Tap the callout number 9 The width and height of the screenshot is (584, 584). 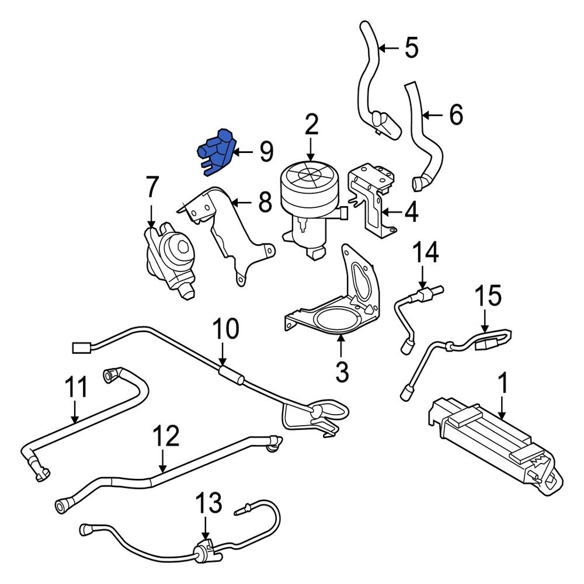click(266, 152)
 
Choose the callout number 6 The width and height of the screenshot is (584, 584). click(456, 115)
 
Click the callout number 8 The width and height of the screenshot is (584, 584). click(265, 203)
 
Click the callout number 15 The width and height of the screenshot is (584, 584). click(487, 296)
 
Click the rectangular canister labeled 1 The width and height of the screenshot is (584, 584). click(496, 444)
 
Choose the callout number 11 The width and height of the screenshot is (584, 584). click(75, 387)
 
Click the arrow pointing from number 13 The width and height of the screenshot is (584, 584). click(204, 529)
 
